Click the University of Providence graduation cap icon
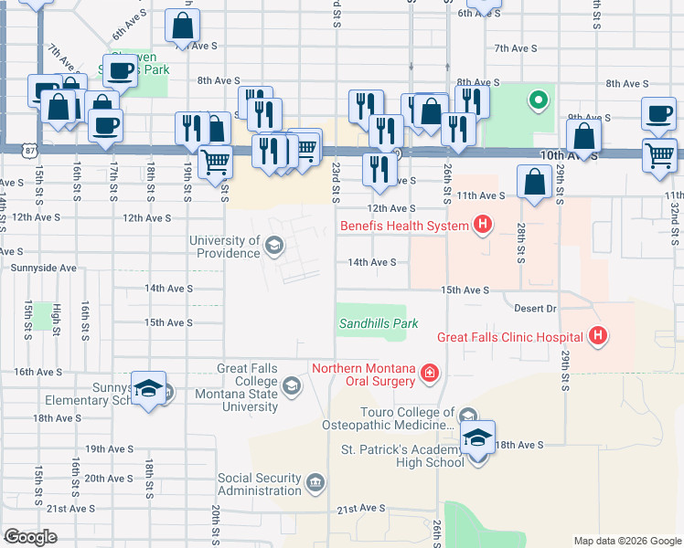273,245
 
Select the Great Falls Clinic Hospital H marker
598,336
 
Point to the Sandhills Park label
379,323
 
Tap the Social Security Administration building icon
315,481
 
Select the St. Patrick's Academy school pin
476,438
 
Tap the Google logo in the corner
29,537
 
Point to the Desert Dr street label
536,309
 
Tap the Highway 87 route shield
6,150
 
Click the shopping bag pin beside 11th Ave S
534,181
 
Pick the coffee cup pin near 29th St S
657,113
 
